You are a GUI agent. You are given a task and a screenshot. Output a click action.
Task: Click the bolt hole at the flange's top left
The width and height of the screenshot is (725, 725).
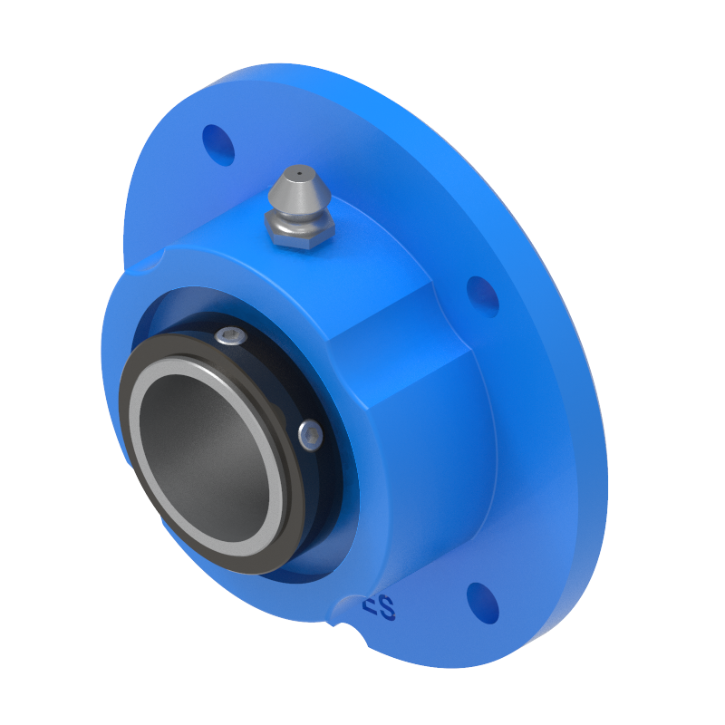click(x=218, y=144)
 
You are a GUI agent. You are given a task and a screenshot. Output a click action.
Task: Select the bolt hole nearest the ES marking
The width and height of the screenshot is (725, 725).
click(x=483, y=603)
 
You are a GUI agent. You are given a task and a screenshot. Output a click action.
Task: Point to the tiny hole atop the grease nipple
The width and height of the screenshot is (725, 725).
click(x=298, y=171)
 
